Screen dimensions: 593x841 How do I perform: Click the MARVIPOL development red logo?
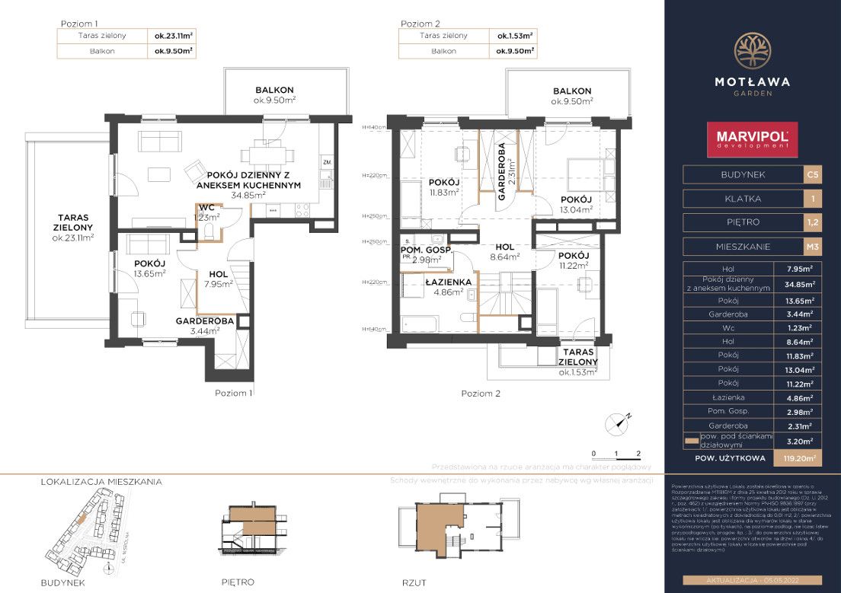(752, 139)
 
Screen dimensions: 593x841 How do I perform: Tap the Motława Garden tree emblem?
(752, 49)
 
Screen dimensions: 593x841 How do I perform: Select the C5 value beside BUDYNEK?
(813, 175)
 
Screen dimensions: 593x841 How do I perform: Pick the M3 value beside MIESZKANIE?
(813, 247)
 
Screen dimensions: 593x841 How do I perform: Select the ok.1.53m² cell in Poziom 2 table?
(514, 36)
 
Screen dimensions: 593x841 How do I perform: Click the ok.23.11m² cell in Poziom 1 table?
(171, 36)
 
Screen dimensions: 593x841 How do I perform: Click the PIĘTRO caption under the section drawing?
(237, 582)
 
